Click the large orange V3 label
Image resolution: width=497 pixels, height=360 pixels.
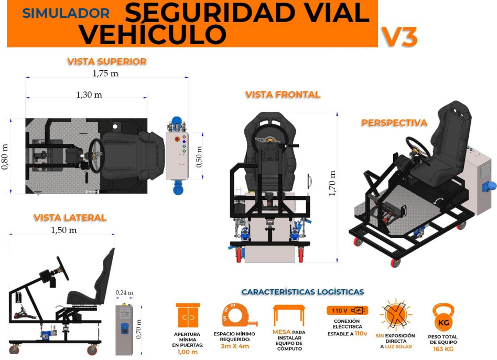(x=399, y=37)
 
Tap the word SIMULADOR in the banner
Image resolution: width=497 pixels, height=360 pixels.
(x=66, y=13)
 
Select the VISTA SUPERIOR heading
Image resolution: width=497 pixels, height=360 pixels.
(x=107, y=61)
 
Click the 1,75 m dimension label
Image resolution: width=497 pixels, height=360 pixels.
(x=105, y=73)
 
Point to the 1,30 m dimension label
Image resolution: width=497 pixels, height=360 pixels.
(x=89, y=94)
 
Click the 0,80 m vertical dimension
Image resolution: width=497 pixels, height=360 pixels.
(x=5, y=157)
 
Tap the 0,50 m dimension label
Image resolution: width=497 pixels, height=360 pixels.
(x=199, y=157)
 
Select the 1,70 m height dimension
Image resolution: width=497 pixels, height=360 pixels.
(x=331, y=183)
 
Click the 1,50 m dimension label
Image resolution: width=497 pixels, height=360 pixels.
(x=64, y=230)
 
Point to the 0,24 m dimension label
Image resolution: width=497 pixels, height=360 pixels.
(x=124, y=292)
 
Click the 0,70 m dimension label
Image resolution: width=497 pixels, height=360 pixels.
(x=138, y=329)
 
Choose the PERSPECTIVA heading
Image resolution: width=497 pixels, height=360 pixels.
(x=394, y=123)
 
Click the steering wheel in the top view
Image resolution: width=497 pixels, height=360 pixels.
(x=96, y=156)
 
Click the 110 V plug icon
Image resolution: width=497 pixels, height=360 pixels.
(x=347, y=310)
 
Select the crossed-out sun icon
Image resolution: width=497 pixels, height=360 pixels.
(x=396, y=315)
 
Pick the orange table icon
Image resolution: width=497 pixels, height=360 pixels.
(x=289, y=315)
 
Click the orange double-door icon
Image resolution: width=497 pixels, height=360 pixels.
(x=188, y=315)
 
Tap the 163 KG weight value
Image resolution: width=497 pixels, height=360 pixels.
(x=443, y=349)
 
